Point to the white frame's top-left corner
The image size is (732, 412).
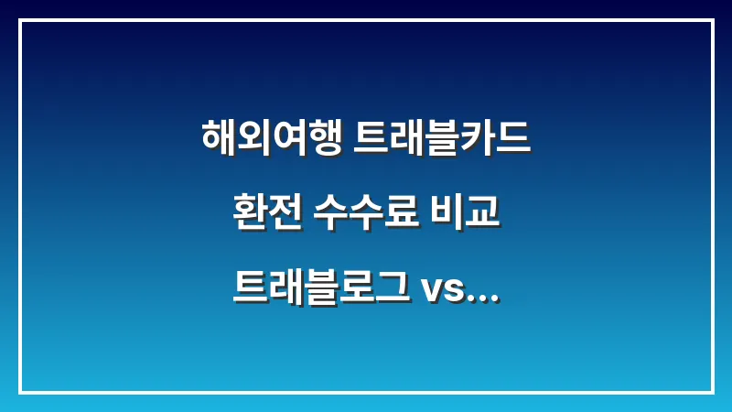[20, 20]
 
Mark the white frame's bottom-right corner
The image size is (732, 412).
[712, 392]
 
